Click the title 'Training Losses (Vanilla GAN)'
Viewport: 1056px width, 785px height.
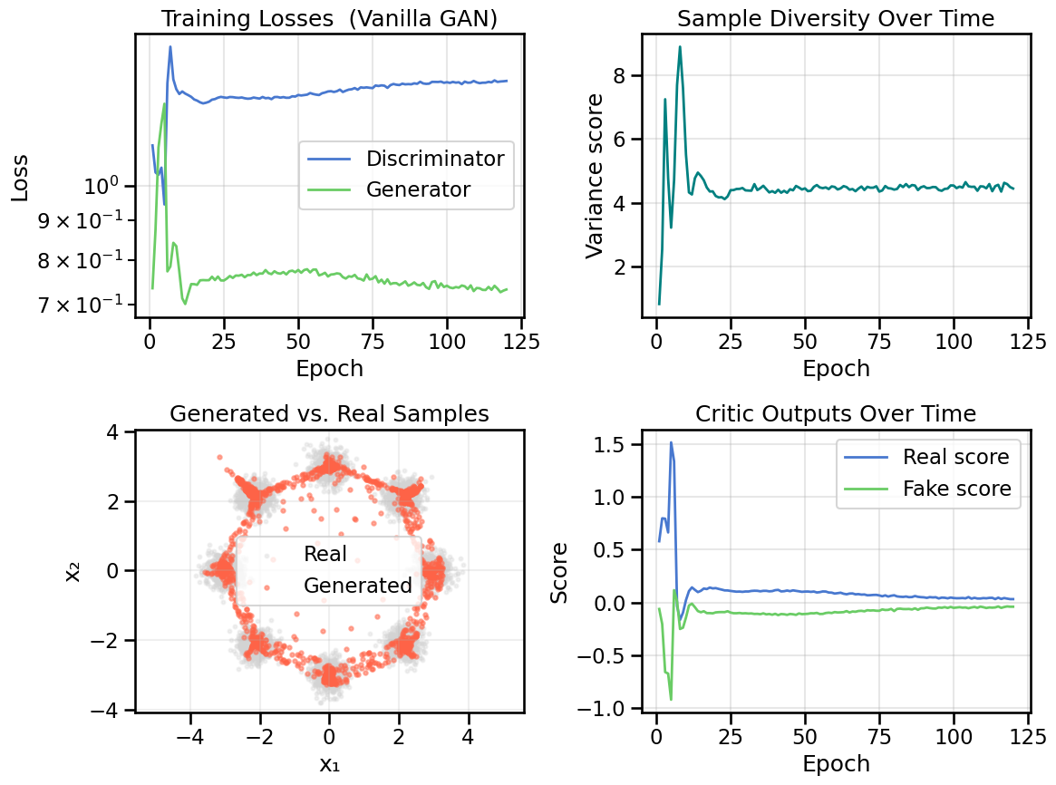(328, 19)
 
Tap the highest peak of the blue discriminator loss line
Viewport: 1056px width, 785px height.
(170, 47)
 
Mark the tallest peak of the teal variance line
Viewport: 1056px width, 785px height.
(680, 47)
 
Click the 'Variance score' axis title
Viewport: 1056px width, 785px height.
(596, 176)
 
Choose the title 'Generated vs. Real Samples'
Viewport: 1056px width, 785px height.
(328, 414)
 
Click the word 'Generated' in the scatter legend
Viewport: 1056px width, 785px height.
(357, 586)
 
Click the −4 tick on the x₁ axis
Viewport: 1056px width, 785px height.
(189, 732)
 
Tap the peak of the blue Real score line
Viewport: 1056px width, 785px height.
(671, 442)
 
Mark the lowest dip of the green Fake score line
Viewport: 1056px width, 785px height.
(671, 699)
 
